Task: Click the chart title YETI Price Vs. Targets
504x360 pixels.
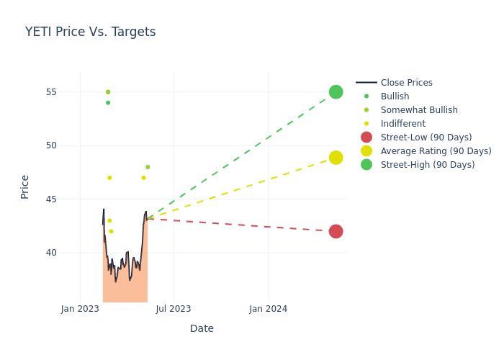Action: click(90, 32)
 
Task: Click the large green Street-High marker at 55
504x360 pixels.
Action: click(336, 92)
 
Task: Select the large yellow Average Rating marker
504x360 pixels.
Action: click(336, 158)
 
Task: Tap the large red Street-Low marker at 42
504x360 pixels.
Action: click(336, 231)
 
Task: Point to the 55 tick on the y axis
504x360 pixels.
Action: click(69, 92)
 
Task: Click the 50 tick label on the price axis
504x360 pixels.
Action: click(69, 145)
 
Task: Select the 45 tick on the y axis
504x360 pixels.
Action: click(69, 199)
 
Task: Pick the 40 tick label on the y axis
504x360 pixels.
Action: click(69, 253)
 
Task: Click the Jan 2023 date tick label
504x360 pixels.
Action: click(80, 309)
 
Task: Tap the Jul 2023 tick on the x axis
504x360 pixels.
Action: click(174, 309)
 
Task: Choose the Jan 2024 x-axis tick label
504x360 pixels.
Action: click(269, 309)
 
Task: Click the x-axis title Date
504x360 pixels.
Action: click(202, 328)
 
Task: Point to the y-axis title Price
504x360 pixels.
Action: click(25, 186)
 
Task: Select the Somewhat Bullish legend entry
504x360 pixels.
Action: click(419, 110)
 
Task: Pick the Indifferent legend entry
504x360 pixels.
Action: click(402, 124)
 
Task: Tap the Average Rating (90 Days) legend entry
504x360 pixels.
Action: click(436, 151)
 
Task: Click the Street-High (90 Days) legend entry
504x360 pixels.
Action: click(428, 165)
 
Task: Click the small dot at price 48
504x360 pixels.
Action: click(148, 167)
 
